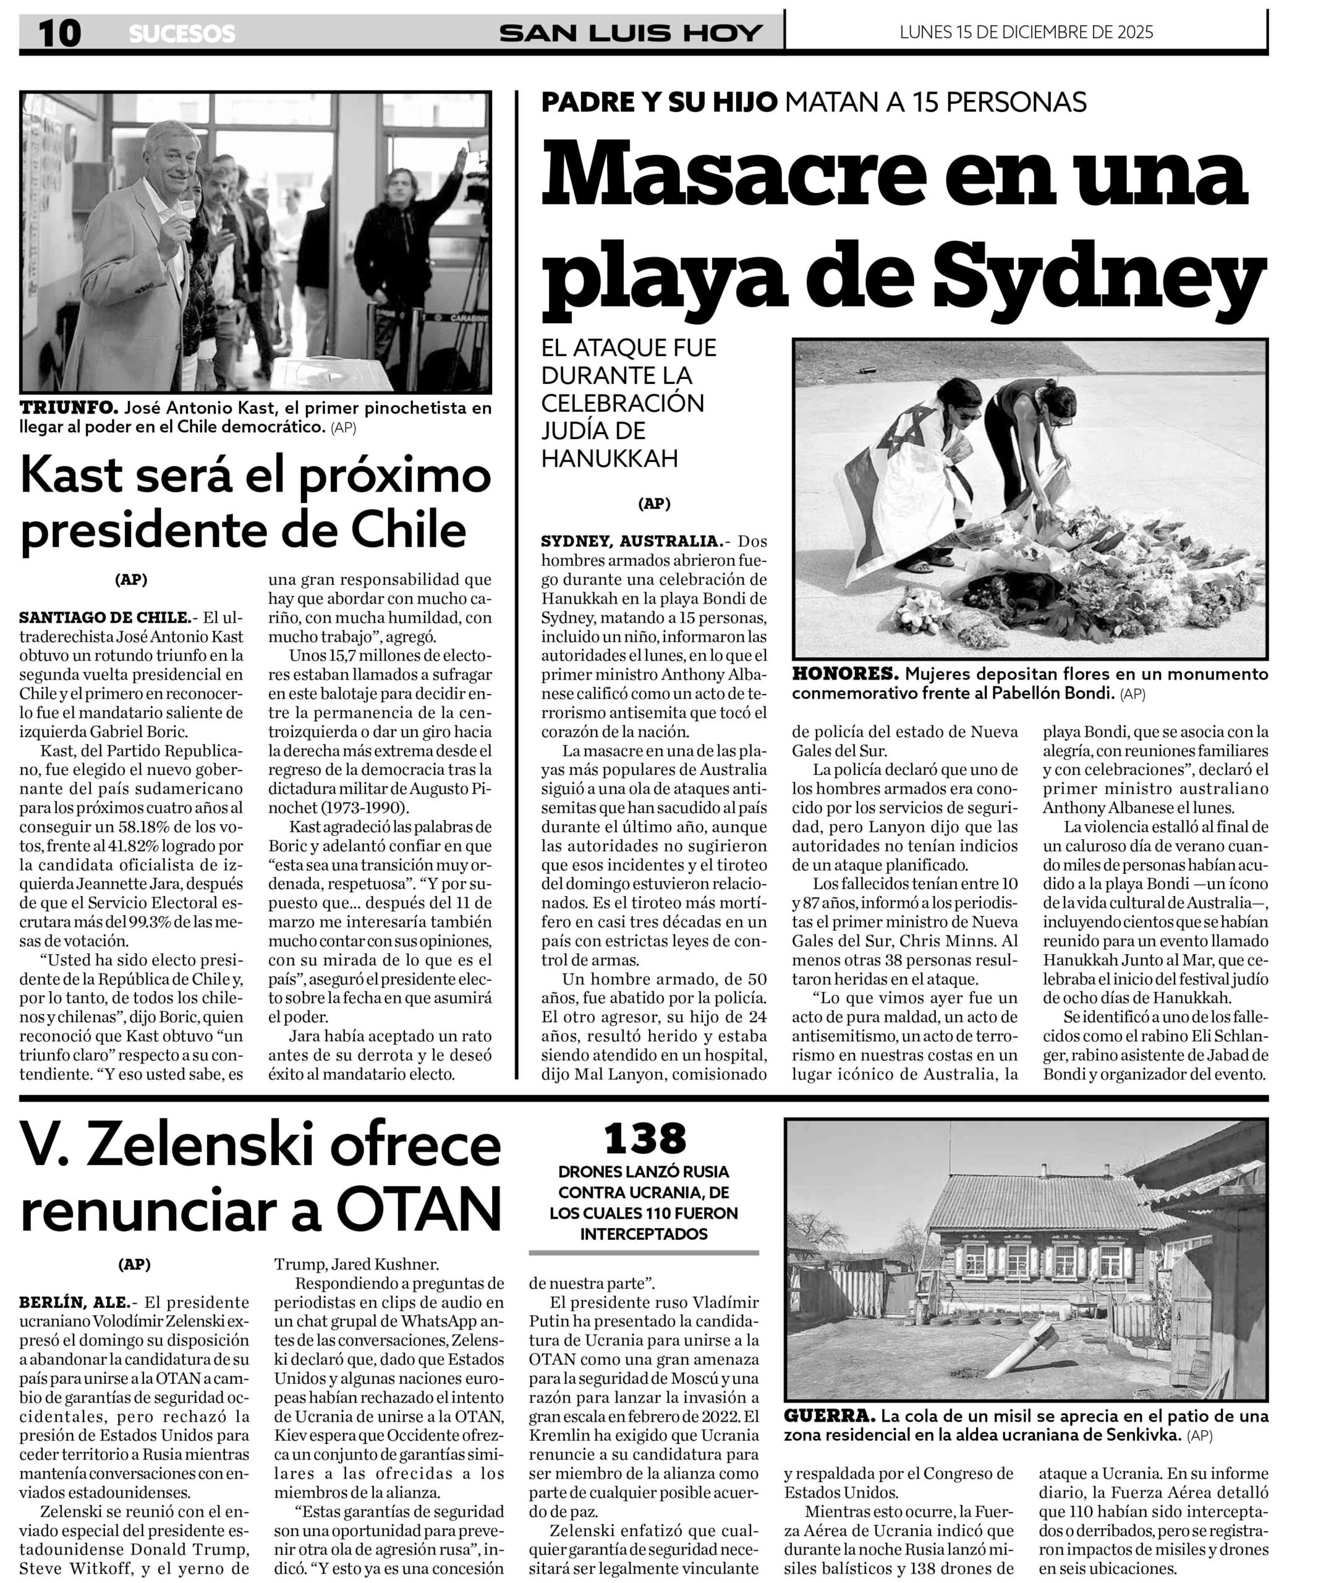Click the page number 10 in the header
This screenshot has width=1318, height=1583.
coord(59,33)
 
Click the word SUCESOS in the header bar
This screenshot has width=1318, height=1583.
coord(182,34)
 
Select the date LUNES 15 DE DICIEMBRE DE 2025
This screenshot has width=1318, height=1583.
coord(1026,32)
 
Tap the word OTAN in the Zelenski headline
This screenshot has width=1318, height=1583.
coord(419,1209)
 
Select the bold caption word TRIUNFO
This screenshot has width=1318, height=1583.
coord(69,408)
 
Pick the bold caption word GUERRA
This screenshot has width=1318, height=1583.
coord(829,1415)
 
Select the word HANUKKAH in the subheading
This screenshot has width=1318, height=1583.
coord(610,458)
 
